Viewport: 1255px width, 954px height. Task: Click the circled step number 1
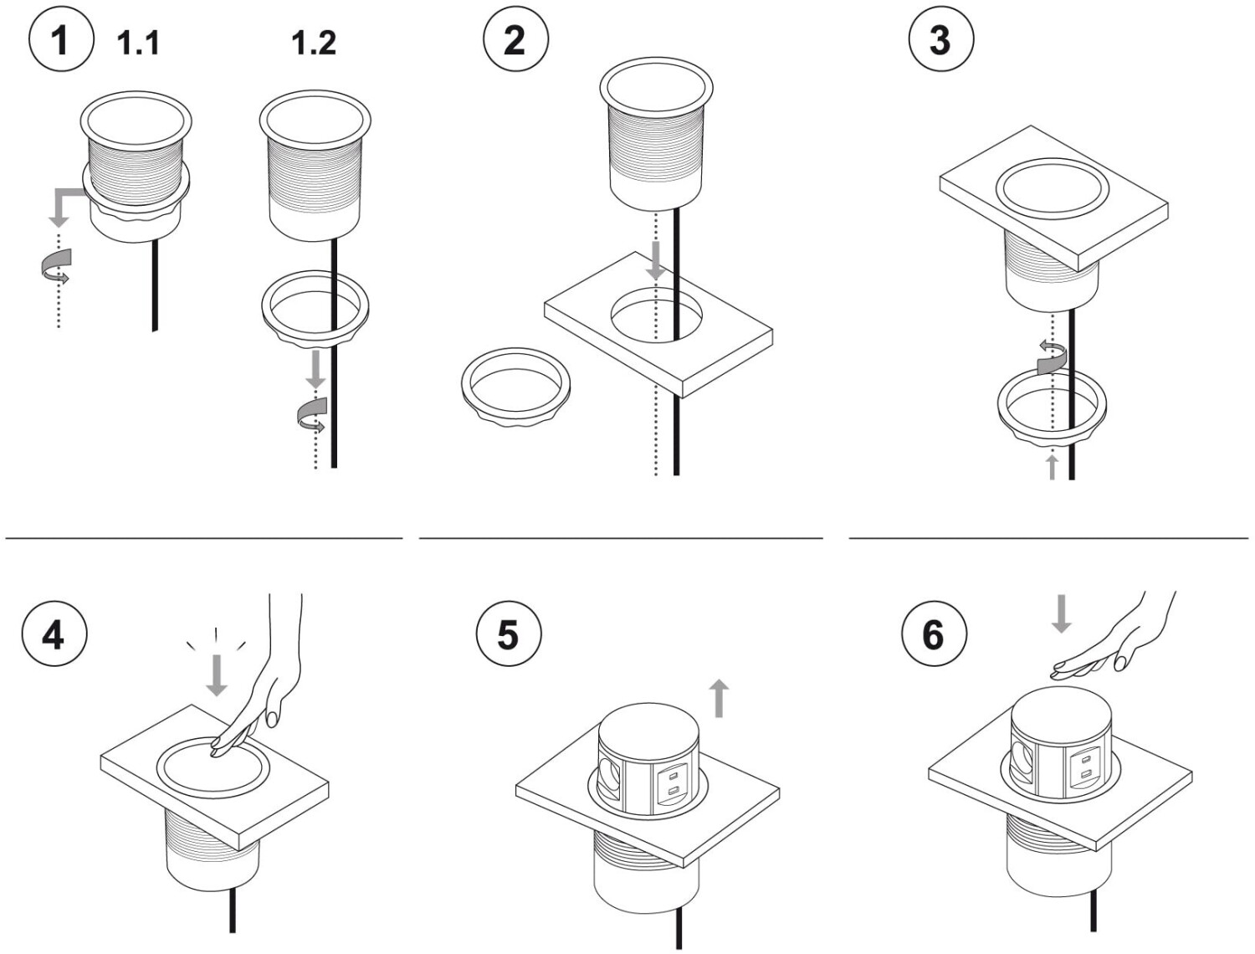point(61,40)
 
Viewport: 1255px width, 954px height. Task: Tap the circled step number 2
point(515,40)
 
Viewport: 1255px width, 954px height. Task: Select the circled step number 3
point(941,40)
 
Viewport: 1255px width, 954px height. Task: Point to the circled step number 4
point(54,633)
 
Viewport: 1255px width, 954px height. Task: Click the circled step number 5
point(509,633)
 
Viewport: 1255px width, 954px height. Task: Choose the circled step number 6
point(935,633)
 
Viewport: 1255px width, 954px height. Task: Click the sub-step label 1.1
point(138,43)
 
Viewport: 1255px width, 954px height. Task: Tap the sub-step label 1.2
point(314,43)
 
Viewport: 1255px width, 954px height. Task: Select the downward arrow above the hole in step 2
point(657,260)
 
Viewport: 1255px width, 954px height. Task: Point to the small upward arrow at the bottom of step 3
point(1052,467)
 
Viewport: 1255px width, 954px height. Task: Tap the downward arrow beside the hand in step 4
point(216,675)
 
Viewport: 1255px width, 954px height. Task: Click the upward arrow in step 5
point(720,698)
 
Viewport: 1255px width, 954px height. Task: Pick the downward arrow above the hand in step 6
point(1061,613)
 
